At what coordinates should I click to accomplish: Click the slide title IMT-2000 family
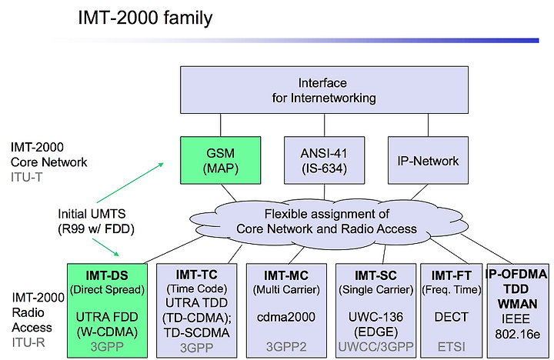pos(145,18)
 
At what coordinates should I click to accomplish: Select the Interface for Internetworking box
pos(324,90)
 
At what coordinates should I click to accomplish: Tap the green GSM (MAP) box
pos(221,161)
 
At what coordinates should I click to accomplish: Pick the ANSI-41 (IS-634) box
pos(324,161)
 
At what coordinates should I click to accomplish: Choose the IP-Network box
pos(428,161)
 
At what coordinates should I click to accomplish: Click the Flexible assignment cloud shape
pos(327,222)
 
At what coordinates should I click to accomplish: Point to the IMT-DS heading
pos(107,275)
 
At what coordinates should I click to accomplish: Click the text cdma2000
pos(285,317)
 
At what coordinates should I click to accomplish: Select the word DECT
pos(451,317)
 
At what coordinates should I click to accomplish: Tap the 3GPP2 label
pos(285,347)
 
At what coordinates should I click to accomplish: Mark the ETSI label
pos(451,347)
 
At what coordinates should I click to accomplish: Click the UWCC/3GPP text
pos(375,347)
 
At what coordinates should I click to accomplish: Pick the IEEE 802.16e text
pos(517,326)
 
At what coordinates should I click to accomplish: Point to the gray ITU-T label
pos(26,177)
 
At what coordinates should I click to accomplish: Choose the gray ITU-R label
pos(28,342)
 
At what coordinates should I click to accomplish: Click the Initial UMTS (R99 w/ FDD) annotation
pos(96,222)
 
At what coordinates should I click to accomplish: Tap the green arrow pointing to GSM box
pos(130,182)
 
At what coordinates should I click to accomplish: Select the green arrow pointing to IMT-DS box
pos(105,247)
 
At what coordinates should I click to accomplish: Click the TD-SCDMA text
pos(196,332)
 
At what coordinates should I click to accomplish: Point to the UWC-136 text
pos(375,317)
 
